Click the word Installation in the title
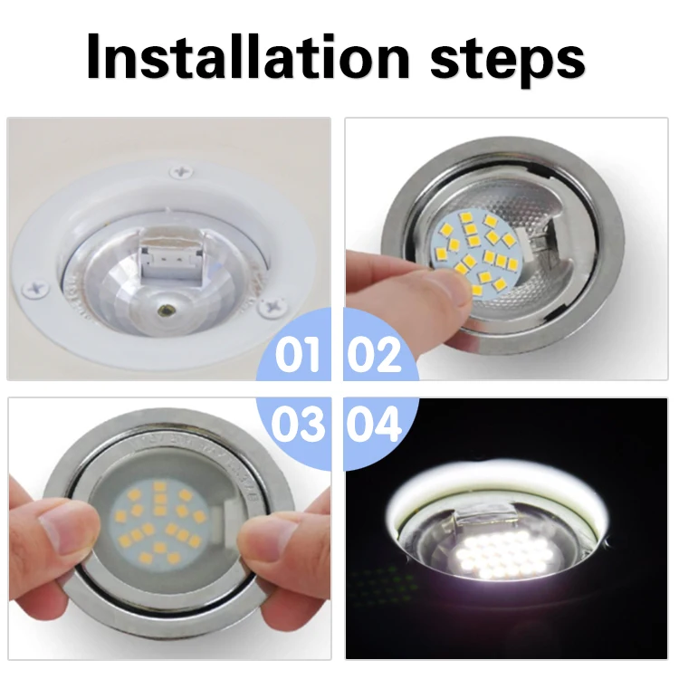point(249,57)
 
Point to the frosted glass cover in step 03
point(163,525)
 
